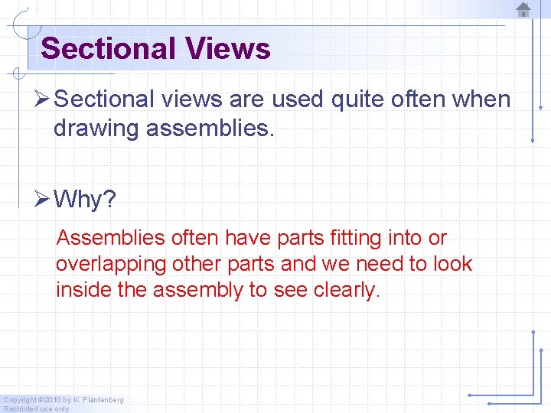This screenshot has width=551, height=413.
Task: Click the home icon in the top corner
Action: coord(523,9)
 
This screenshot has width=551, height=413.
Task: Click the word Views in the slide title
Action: coord(228,49)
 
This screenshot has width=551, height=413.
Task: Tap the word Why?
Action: coord(85,200)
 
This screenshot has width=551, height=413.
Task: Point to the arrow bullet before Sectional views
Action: coord(43,99)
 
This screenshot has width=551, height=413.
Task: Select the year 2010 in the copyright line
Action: coord(51,400)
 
